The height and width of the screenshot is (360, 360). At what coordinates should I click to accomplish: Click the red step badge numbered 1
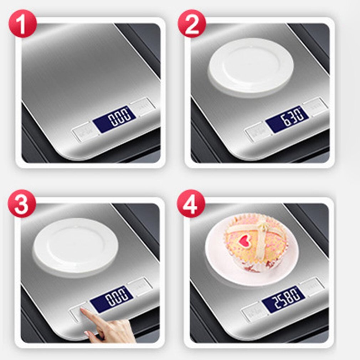tap(22, 24)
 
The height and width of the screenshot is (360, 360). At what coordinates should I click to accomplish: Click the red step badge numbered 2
tap(192, 24)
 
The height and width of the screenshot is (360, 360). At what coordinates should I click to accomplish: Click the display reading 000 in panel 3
tap(112, 298)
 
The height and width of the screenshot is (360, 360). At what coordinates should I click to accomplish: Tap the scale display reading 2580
tap(283, 299)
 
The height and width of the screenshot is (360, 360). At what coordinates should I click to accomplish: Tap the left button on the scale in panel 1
tap(82, 132)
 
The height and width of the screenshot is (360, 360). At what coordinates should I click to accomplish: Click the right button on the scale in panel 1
tap(143, 106)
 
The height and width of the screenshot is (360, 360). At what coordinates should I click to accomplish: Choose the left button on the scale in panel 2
tap(255, 132)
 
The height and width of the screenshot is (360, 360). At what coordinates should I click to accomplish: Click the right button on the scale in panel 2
tap(315, 106)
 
